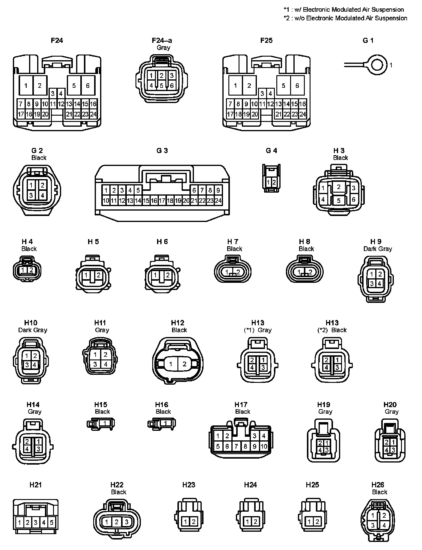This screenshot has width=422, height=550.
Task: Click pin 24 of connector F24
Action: coord(93,114)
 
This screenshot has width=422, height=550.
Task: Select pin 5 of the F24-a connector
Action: coord(162,86)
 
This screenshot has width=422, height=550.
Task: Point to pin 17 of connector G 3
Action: coord(162,201)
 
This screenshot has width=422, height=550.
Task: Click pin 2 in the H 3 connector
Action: coord(339,187)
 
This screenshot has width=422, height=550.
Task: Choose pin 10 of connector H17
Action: coord(264,446)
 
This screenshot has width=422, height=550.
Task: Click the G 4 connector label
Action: coord(271,151)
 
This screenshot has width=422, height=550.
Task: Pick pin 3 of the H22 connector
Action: coord(126,522)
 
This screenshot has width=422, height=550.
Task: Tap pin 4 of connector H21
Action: coord(43,523)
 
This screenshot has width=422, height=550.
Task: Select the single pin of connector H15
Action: coord(104,423)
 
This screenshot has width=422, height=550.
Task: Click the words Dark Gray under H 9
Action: coord(378,249)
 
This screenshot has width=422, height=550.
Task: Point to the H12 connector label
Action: coord(177,323)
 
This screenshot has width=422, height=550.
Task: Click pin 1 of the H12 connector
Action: coord(171,364)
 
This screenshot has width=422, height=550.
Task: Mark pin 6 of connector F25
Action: coord(297,86)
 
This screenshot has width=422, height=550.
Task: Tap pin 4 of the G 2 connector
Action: coord(43,195)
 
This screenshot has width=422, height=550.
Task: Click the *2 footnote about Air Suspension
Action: coord(345,18)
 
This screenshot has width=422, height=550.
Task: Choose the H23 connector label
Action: coord(189,485)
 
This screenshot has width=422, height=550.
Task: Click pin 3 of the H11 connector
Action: coord(95,364)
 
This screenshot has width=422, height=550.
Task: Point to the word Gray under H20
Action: coord(392,412)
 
